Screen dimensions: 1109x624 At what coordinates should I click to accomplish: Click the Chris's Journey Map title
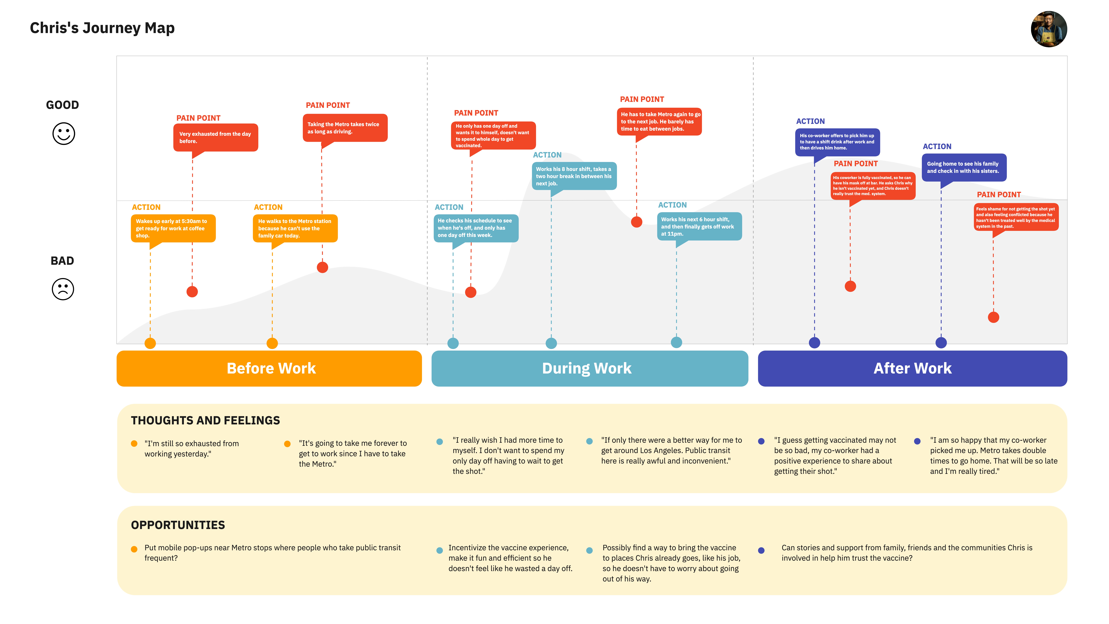click(102, 28)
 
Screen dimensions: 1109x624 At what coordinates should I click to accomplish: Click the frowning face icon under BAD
click(63, 289)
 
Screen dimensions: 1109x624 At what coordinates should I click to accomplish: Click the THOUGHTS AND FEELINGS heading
click(205, 420)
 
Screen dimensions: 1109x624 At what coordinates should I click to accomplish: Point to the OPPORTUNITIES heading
click(178, 525)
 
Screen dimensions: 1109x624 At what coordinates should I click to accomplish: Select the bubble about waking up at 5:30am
click(173, 229)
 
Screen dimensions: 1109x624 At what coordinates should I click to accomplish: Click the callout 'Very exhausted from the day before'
click(216, 138)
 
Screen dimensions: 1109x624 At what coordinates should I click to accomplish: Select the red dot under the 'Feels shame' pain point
click(993, 317)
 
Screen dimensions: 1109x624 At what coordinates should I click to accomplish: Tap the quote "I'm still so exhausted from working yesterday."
click(192, 449)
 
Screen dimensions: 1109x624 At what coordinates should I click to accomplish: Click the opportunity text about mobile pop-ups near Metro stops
click(272, 553)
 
